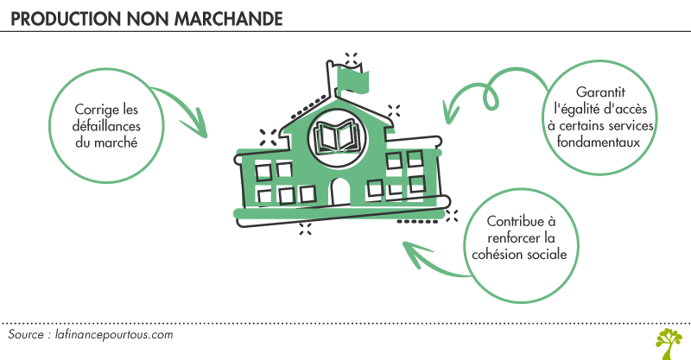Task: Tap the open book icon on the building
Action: tap(339, 136)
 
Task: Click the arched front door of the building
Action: tap(341, 192)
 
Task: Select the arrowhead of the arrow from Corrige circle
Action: tap(200, 129)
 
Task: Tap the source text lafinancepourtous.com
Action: tap(116, 334)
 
